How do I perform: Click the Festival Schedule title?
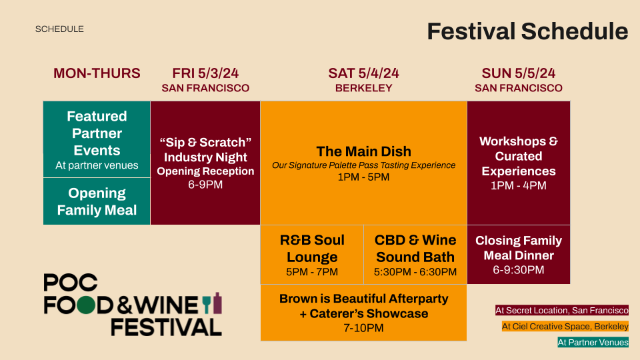click(x=527, y=31)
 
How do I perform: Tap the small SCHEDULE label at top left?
click(x=59, y=29)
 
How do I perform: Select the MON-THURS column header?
click(x=97, y=73)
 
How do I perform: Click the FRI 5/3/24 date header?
click(x=205, y=73)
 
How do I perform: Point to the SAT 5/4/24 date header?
click(x=364, y=73)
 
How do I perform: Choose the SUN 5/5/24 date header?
click(x=519, y=73)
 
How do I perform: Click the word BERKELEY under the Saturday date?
click(x=364, y=88)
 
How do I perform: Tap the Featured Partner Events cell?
click(x=97, y=139)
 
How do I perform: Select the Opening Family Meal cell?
click(x=97, y=201)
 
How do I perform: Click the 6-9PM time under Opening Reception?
click(x=205, y=185)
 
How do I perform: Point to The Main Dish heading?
click(x=364, y=151)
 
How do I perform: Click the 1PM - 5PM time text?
click(x=364, y=177)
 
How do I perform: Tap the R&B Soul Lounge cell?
click(x=312, y=254)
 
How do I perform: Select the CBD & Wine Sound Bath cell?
click(x=415, y=254)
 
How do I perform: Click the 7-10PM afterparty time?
click(x=364, y=328)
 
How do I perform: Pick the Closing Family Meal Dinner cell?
click(x=519, y=254)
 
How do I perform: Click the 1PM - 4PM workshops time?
click(x=519, y=186)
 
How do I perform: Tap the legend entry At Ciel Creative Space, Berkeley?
click(x=565, y=327)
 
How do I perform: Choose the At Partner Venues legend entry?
click(x=593, y=343)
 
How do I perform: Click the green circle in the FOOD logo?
click(x=86, y=305)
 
